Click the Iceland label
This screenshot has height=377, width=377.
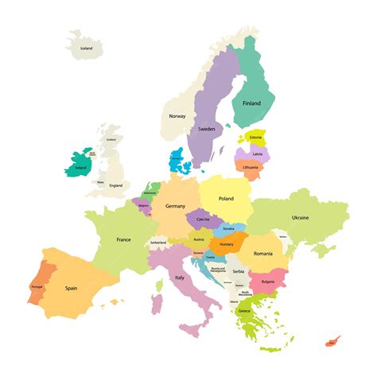tap(86, 49)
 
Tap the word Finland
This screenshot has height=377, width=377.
tap(251, 103)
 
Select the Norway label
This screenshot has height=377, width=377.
tap(177, 116)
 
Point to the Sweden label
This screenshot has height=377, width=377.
tap(206, 129)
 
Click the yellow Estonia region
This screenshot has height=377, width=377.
tap(256, 138)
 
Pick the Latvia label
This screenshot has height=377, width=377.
tap(257, 154)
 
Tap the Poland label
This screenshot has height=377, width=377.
tap(226, 199)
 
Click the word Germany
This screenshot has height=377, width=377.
tap(175, 206)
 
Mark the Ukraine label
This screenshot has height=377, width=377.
tap(300, 217)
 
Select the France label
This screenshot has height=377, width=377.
tap(123, 239)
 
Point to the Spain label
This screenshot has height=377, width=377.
tap(71, 288)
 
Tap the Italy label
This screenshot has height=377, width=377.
tap(181, 278)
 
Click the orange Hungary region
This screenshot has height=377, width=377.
tap(226, 243)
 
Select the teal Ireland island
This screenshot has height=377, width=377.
tap(80, 166)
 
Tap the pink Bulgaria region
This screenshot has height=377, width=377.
tap(267, 281)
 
